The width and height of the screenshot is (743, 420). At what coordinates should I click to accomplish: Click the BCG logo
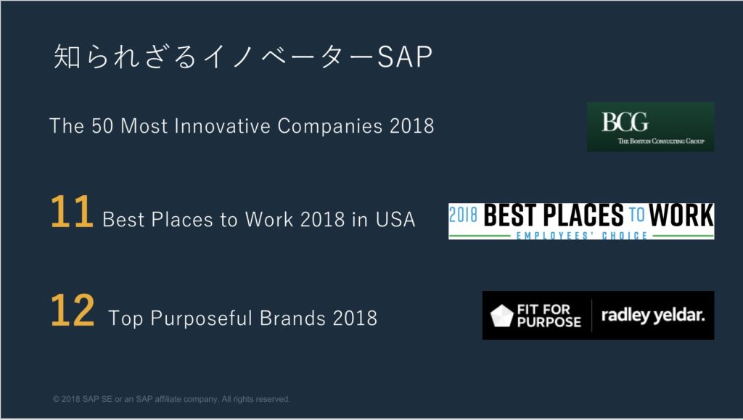click(x=650, y=127)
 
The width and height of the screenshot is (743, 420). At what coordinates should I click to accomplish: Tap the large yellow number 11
click(x=72, y=212)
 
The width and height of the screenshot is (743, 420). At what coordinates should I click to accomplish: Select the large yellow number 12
click(x=73, y=310)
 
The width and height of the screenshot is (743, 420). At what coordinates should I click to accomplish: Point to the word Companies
click(x=330, y=126)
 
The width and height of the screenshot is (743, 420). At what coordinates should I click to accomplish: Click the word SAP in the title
click(x=405, y=57)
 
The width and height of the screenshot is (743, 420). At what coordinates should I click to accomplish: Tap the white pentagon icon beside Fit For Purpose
click(x=501, y=316)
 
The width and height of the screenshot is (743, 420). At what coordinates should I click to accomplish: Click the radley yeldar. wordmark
click(x=653, y=316)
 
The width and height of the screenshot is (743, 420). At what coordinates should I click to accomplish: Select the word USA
click(x=395, y=220)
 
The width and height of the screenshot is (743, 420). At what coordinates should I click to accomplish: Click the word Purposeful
click(x=202, y=318)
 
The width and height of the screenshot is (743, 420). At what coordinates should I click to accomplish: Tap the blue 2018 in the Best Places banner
click(x=463, y=215)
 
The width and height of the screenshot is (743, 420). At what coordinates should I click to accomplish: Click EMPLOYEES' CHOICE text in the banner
click(x=581, y=235)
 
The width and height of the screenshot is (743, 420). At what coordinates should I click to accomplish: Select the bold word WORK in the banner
click(x=681, y=215)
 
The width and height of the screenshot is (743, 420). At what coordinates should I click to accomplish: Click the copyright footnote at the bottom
click(x=171, y=399)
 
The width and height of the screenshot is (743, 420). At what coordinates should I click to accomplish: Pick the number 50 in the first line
click(x=103, y=126)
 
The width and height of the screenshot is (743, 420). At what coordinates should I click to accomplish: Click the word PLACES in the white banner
click(x=583, y=215)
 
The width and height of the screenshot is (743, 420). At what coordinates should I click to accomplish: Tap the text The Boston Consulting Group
click(x=661, y=141)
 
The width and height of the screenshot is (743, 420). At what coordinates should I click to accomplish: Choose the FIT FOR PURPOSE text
click(x=549, y=316)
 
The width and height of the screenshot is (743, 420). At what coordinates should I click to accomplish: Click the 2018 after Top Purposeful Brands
click(x=355, y=318)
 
